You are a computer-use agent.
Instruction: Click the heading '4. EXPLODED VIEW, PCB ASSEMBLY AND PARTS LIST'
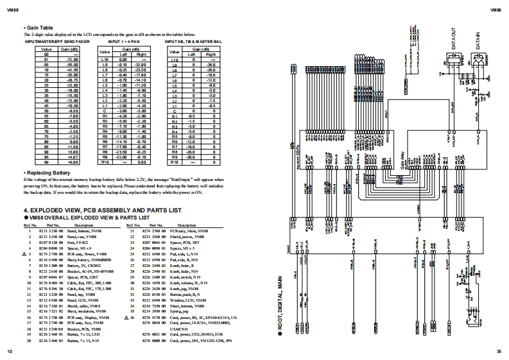103,210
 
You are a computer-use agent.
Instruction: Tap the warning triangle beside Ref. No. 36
126,318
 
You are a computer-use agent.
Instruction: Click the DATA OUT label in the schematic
454,39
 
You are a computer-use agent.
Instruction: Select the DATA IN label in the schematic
478,40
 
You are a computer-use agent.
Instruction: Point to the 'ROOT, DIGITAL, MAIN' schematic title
280,314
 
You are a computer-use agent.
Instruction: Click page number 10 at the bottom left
10,352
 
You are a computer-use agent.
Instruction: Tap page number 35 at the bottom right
499,352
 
